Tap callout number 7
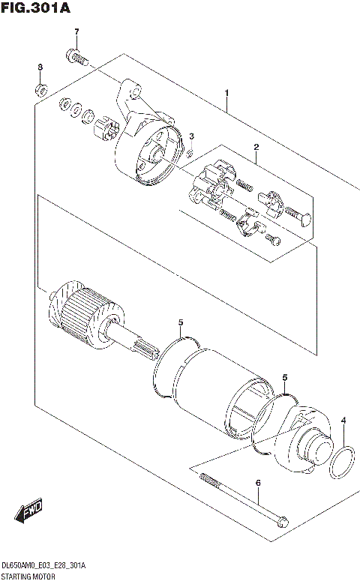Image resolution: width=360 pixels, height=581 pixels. point(76,31)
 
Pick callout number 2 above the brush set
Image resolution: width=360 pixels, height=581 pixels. point(256,148)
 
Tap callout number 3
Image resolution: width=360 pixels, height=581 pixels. point(191,136)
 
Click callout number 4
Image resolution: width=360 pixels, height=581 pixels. point(343,421)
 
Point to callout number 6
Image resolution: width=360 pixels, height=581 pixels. point(257,484)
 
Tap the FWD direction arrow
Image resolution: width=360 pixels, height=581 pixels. point(28,513)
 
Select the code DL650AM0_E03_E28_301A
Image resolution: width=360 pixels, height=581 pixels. point(44,565)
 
